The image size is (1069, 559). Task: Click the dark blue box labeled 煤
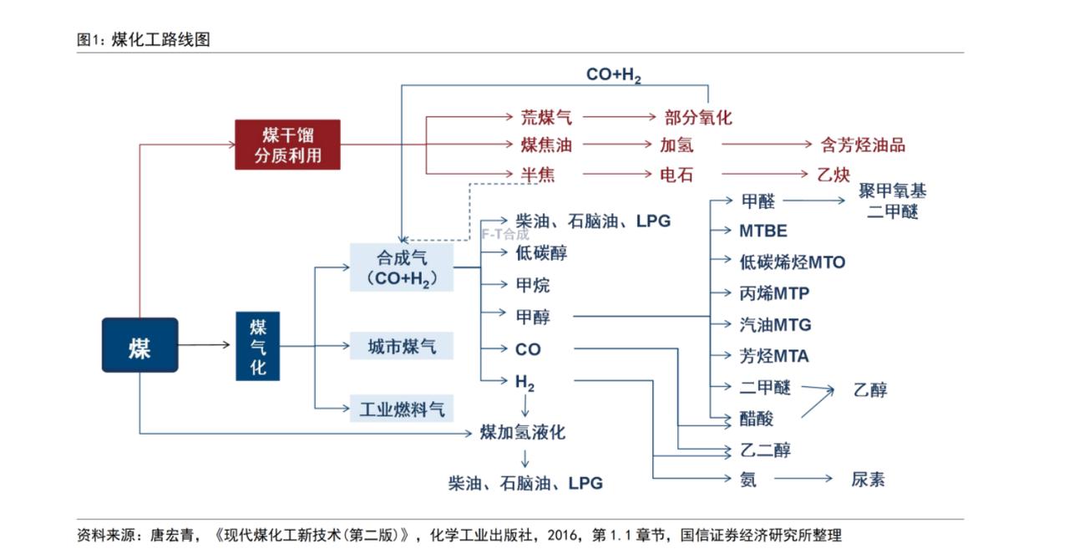(139, 345)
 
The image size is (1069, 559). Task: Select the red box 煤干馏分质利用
(287, 145)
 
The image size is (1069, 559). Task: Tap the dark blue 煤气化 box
(257, 346)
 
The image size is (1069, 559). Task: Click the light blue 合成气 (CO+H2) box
(402, 267)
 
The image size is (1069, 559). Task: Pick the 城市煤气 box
(402, 346)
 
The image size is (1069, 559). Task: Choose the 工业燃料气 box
(402, 409)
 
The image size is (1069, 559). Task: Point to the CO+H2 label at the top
(613, 74)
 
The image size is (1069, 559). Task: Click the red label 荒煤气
(546, 118)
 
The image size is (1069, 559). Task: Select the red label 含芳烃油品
(863, 145)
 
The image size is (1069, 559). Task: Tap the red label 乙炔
(833, 175)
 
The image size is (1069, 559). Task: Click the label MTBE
(762, 231)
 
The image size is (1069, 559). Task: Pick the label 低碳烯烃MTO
(792, 262)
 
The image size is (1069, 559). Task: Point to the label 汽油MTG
(775, 325)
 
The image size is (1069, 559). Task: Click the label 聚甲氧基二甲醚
(892, 201)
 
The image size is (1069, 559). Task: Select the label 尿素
(868, 480)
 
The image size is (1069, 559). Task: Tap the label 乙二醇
(765, 450)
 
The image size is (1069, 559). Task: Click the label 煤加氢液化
(523, 432)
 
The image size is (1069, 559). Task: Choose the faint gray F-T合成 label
(504, 235)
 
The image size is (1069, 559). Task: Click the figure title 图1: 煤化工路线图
(143, 39)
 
